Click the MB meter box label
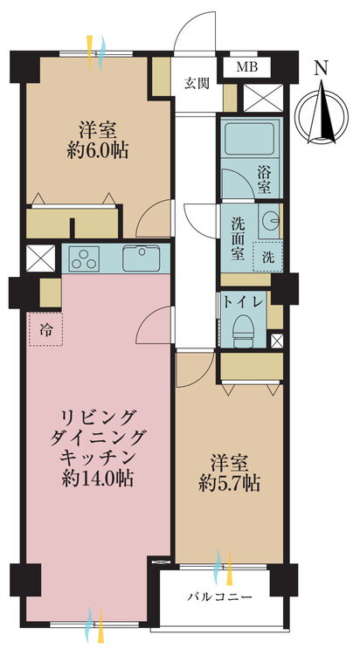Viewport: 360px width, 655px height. tap(246, 67)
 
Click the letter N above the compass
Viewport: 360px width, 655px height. tap(321, 68)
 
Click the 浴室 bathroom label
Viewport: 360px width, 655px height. tap(264, 180)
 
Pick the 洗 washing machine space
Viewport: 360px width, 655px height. tap(268, 257)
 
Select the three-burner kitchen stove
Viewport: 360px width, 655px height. tap(85, 259)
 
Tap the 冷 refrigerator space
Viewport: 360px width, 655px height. tap(46, 328)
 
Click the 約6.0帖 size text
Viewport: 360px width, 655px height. tap(97, 150)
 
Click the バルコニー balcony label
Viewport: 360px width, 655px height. tap(219, 596)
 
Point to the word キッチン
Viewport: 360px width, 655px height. tap(97, 457)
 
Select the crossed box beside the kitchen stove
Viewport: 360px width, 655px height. tap(40, 259)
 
